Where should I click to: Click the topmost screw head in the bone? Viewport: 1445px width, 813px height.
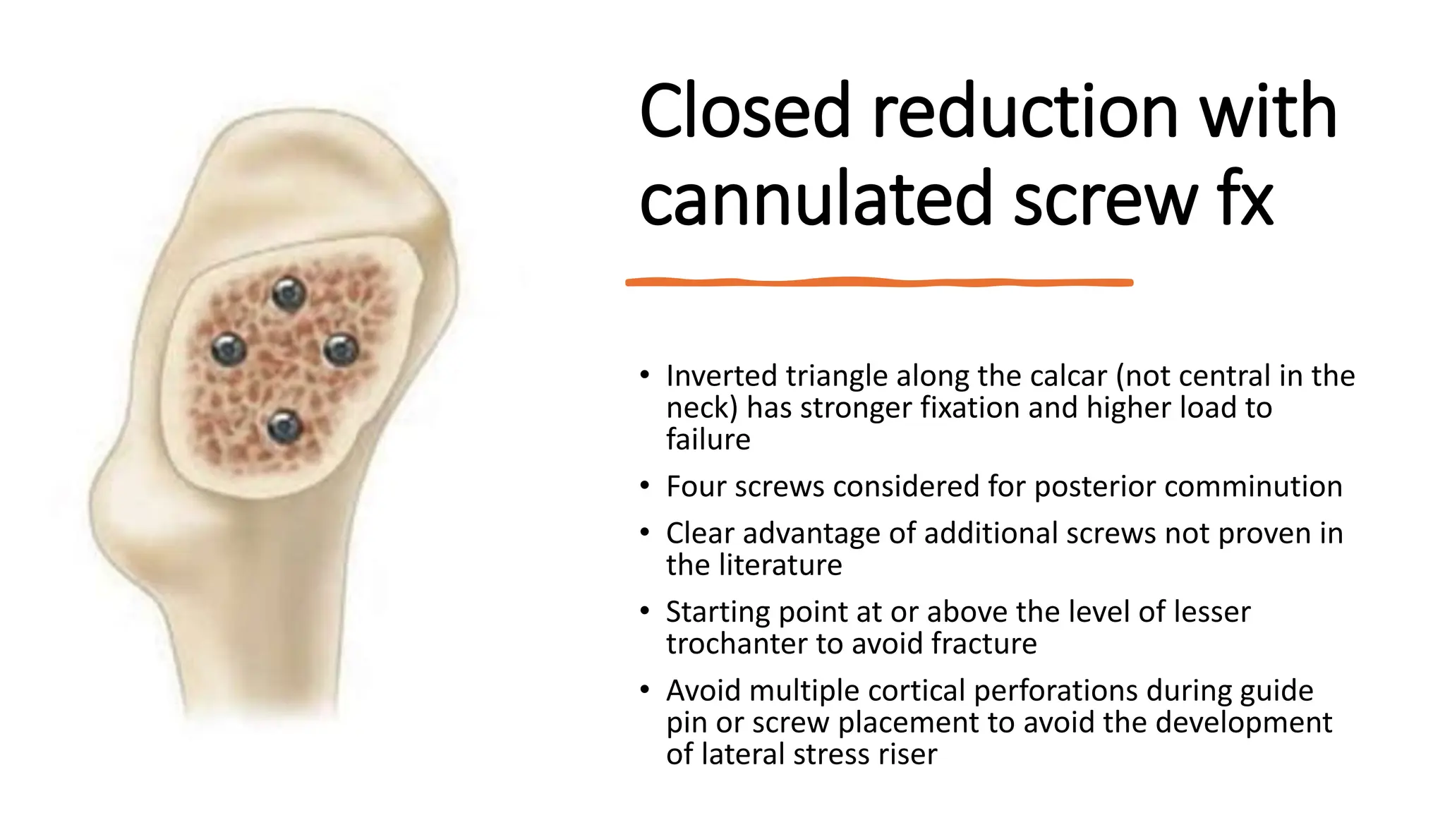pos(289,293)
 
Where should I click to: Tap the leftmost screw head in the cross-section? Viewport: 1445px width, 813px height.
pos(229,349)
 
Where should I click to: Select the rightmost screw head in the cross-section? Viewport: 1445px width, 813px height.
pos(341,349)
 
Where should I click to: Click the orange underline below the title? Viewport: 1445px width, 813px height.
pos(878,282)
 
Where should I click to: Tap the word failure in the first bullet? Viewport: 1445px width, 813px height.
pos(708,440)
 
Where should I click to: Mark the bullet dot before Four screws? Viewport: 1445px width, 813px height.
pos(644,486)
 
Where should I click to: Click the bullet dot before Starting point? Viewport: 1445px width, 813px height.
pos(644,611)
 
